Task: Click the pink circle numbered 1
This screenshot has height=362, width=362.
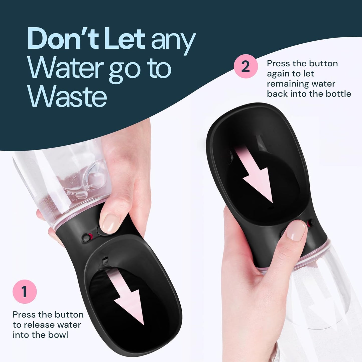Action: pyautogui.click(x=25, y=292)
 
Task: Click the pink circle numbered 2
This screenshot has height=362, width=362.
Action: pyautogui.click(x=246, y=66)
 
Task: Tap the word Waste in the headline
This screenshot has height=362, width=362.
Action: pyautogui.click(x=68, y=96)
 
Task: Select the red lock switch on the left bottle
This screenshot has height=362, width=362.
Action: pyautogui.click(x=88, y=237)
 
